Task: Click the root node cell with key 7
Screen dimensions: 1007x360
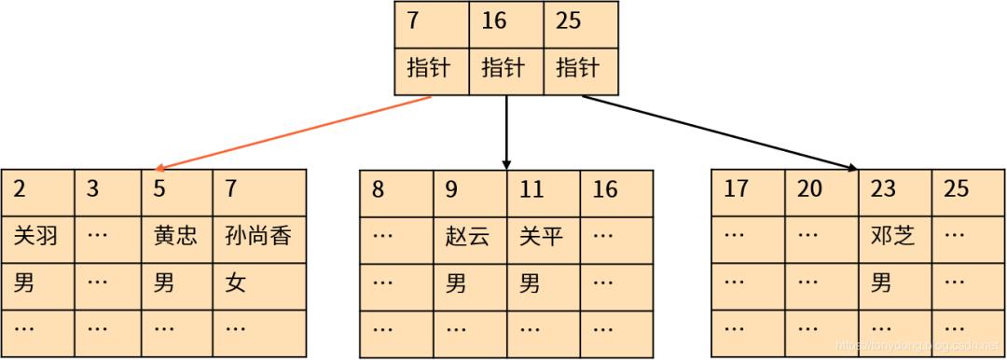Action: [x=431, y=21]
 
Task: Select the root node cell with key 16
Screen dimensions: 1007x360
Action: [x=505, y=21]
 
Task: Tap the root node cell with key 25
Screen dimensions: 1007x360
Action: [x=580, y=21]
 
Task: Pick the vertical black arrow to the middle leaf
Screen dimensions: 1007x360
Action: [x=506, y=131]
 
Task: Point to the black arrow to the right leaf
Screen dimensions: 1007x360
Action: [x=718, y=132]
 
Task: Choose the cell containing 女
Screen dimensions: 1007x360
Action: [x=236, y=284]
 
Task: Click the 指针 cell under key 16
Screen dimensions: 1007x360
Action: [x=505, y=68]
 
